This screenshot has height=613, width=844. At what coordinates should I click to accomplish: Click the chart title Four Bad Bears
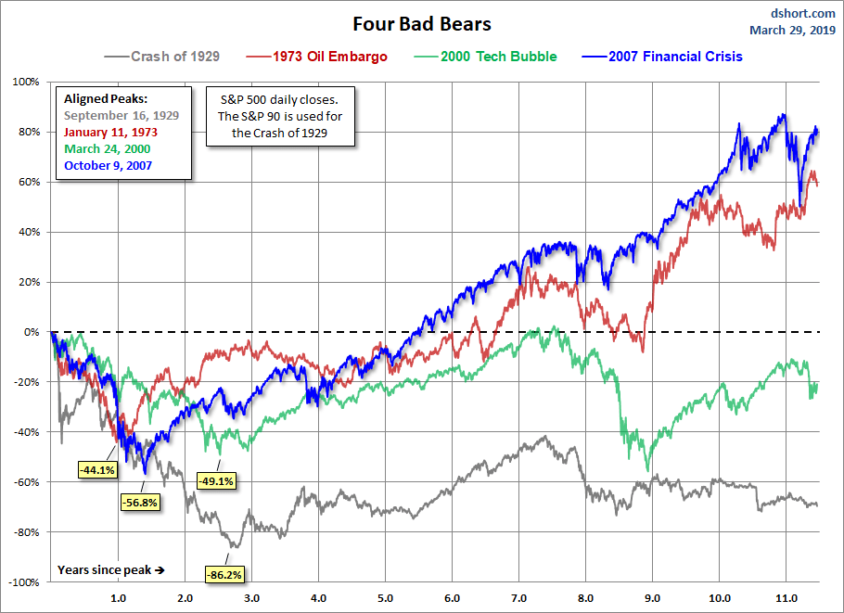pos(421,24)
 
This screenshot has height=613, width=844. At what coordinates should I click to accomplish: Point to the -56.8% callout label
pos(140,502)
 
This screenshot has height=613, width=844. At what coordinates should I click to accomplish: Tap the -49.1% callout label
pos(216,480)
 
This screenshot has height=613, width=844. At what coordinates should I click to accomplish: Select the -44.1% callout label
pos(97,470)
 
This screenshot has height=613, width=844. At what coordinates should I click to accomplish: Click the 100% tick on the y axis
pos(25,82)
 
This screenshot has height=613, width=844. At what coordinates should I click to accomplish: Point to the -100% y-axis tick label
pos(23,582)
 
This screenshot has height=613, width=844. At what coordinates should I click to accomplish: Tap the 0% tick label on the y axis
pos(31,332)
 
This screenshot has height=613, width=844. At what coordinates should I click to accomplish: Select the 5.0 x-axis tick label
pos(385,598)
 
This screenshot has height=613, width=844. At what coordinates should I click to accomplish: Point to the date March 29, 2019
pos(793,31)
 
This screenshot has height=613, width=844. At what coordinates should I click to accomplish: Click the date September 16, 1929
pos(121,116)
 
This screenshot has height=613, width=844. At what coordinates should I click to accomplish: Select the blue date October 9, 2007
pos(108,165)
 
